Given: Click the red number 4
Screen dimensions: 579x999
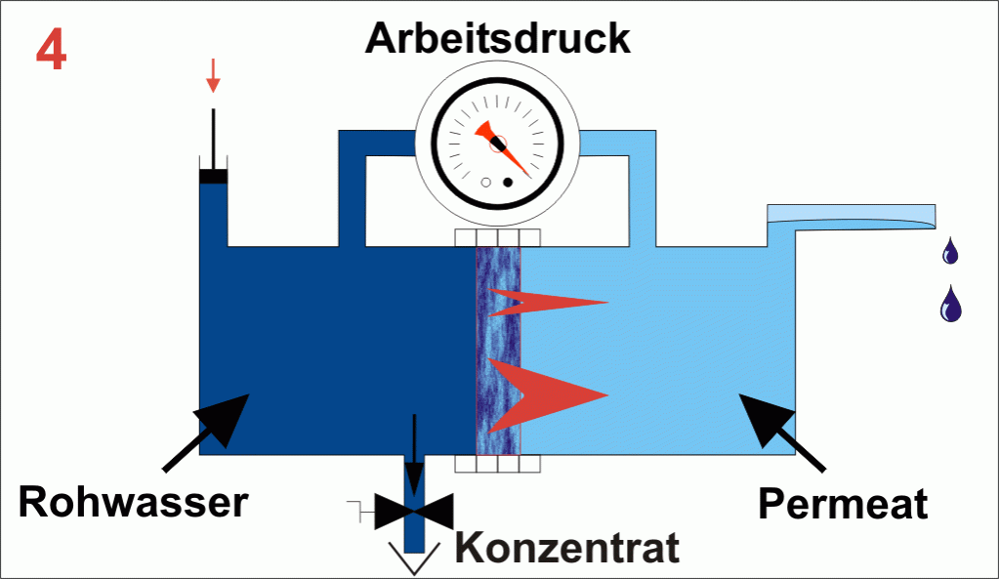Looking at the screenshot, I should click(x=52, y=52).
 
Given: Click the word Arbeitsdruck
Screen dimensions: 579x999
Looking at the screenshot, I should click(x=498, y=39).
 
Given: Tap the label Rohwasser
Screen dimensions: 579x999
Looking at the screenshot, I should click(x=134, y=504).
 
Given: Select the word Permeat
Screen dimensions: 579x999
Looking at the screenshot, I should click(x=843, y=505).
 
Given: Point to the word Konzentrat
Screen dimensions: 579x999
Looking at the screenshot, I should click(x=567, y=548).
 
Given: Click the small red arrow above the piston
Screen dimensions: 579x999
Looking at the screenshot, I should click(x=213, y=76).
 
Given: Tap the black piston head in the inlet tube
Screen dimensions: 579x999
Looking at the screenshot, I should click(x=213, y=176).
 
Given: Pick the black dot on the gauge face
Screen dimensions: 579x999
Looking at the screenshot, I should click(x=508, y=183).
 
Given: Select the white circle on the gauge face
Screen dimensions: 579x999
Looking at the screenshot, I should click(x=486, y=183).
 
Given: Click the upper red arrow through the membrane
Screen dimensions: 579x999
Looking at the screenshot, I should click(x=547, y=303).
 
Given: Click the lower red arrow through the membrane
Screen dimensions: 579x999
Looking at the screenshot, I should click(x=547, y=393).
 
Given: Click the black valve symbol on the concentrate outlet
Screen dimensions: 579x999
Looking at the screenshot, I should click(x=415, y=509).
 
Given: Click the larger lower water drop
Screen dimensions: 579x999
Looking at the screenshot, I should click(x=950, y=305).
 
